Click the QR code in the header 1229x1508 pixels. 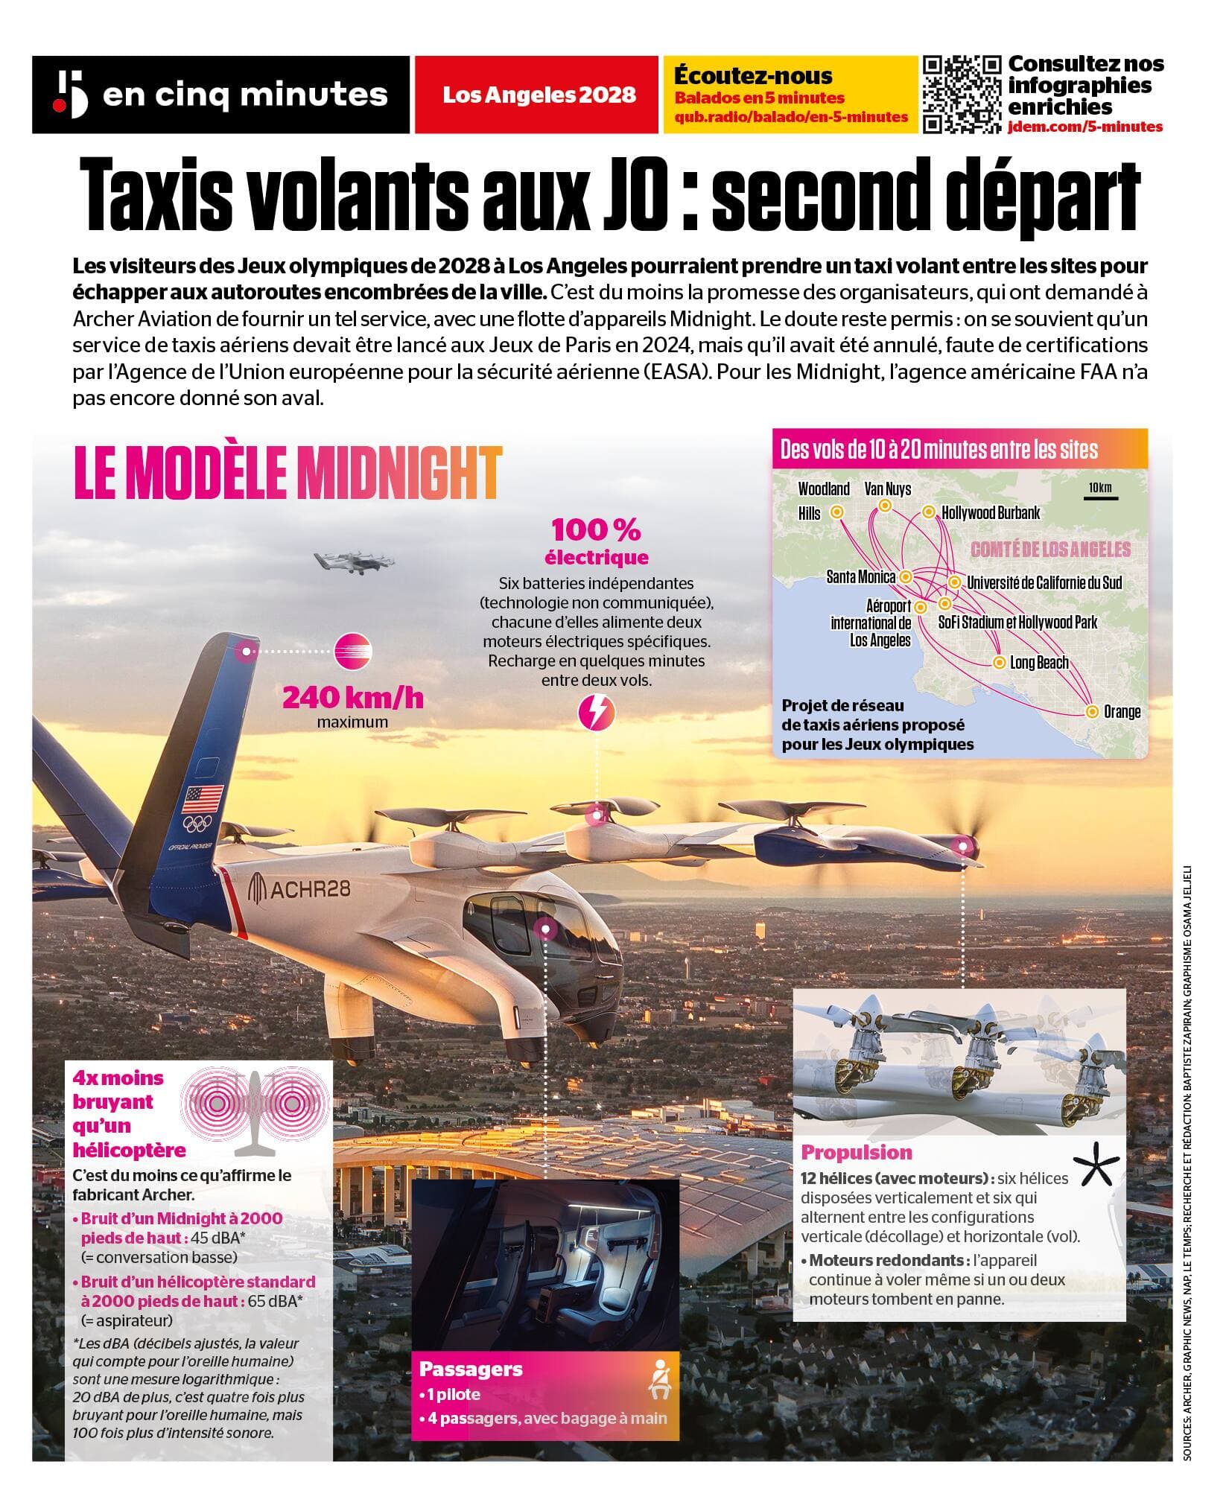tap(962, 95)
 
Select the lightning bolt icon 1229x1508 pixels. tap(597, 711)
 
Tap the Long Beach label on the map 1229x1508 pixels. tap(1038, 662)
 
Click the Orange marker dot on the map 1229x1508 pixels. tap(1092, 711)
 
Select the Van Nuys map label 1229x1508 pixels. tap(887, 489)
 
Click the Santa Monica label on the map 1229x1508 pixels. tap(861, 576)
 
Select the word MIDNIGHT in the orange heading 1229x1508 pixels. tap(398, 472)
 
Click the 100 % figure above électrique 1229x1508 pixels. tap(596, 530)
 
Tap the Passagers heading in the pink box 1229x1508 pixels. tap(471, 1369)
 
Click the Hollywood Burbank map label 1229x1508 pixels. tap(991, 512)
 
